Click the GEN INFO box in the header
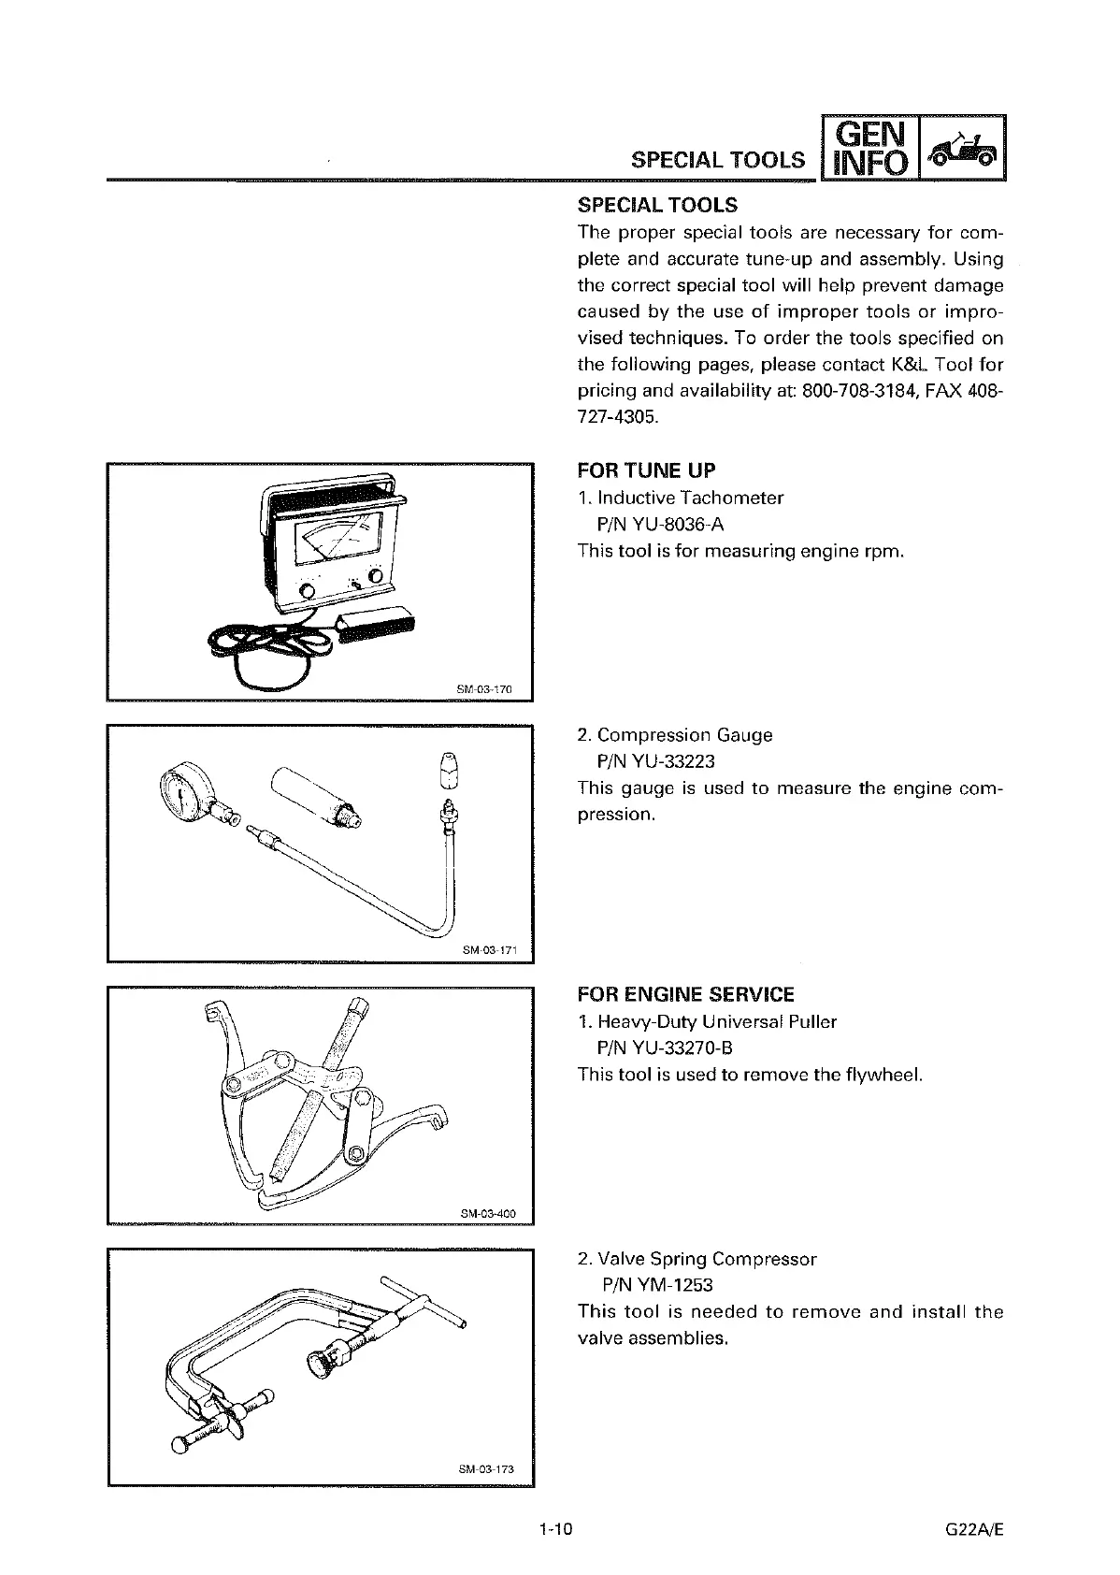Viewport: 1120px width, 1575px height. (869, 147)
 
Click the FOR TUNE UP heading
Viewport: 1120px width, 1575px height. (647, 470)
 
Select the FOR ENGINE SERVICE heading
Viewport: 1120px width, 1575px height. (686, 994)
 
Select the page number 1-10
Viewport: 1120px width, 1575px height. (554, 1530)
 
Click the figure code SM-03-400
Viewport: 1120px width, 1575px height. (482, 1214)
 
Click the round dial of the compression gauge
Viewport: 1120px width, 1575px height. (179, 788)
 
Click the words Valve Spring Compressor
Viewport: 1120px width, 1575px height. (707, 1259)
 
